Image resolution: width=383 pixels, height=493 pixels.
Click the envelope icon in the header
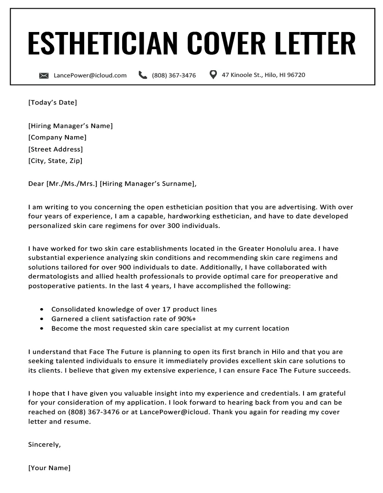[44, 75]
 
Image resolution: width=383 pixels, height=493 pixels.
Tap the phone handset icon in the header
[143, 75]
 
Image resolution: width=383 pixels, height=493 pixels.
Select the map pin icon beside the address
[213, 75]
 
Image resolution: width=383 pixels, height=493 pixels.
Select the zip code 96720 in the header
[295, 75]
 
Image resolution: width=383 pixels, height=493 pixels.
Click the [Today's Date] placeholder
[53, 102]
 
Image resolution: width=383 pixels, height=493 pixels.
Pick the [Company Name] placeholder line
[57, 138]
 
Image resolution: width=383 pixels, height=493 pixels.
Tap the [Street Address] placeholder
[56, 149]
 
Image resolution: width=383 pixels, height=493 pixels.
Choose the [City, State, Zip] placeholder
[56, 161]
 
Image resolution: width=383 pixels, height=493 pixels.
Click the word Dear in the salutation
[36, 183]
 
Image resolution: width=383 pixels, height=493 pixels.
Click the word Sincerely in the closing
[45, 444]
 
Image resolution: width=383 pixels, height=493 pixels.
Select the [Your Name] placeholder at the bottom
[49, 468]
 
